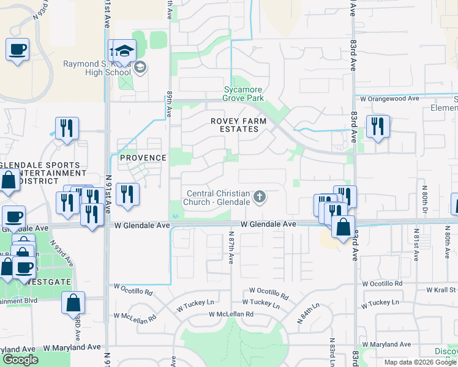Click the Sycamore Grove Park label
point(243,94)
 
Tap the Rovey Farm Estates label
point(238,125)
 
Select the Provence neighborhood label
point(143,158)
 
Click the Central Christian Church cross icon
point(260,197)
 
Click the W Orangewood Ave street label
point(389,98)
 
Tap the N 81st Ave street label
point(416,242)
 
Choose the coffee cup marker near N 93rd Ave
point(17,48)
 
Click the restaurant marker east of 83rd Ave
point(377,127)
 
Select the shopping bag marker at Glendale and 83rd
point(343,226)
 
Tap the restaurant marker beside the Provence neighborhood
point(127,194)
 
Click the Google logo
point(20,360)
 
